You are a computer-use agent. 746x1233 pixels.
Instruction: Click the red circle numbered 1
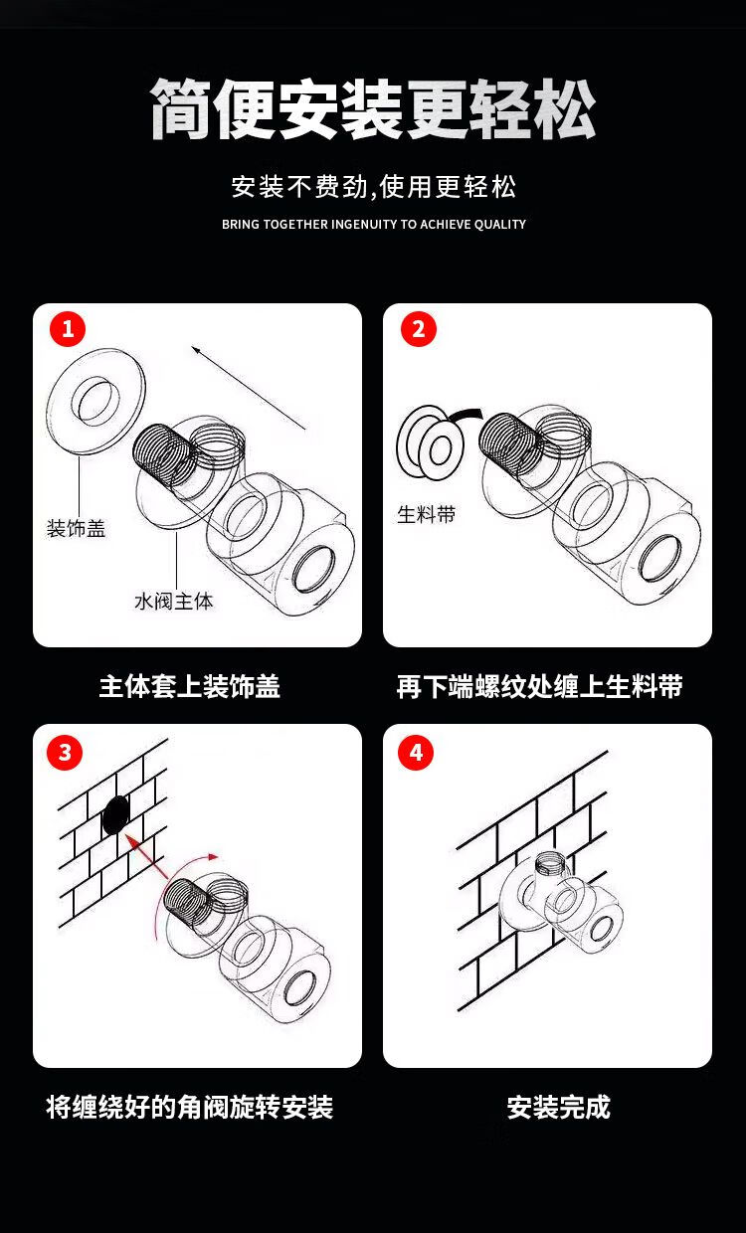[x=68, y=329]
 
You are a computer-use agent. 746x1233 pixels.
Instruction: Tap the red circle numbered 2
[x=419, y=329]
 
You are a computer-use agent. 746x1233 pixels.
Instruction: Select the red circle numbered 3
[x=65, y=753]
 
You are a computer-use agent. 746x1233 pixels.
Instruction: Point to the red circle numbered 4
[x=416, y=753]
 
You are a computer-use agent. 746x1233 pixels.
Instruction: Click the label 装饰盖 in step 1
[x=76, y=528]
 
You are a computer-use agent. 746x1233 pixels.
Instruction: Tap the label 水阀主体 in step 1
[x=174, y=601]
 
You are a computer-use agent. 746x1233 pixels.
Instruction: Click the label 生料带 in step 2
[x=427, y=515]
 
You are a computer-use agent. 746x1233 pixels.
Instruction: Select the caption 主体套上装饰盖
[x=190, y=686]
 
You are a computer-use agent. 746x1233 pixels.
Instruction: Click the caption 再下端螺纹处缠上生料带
[x=539, y=686]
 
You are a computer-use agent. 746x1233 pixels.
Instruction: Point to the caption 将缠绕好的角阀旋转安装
[x=190, y=1107]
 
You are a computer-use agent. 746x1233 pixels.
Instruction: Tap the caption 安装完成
[x=559, y=1107]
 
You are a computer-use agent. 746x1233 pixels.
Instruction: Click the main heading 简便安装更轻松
[x=373, y=108]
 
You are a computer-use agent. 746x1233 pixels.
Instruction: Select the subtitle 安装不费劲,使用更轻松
[x=374, y=187]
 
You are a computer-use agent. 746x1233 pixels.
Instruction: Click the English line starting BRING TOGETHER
[x=374, y=224]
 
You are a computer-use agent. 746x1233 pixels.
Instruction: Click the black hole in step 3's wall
[x=115, y=814]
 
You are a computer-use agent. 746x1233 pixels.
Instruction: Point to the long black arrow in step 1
[x=249, y=387]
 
